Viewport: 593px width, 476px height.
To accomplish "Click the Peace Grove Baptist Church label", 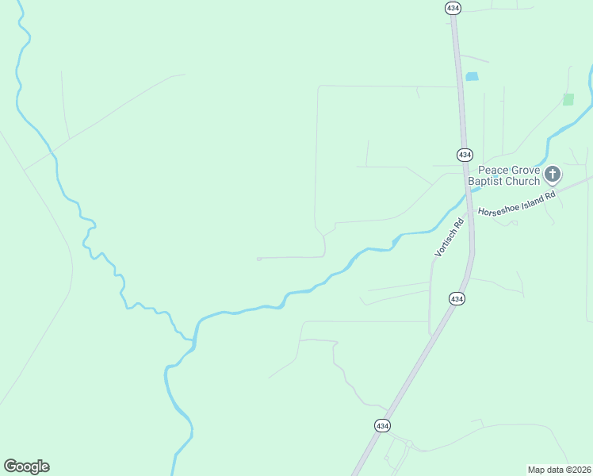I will (503, 175).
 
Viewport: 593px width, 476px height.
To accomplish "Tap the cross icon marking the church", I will (553, 174).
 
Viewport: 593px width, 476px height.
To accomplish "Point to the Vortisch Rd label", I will (449, 236).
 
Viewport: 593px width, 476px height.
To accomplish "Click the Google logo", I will (26, 466).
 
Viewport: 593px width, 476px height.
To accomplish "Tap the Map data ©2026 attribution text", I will (559, 469).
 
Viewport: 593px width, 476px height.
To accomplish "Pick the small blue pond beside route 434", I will (472, 77).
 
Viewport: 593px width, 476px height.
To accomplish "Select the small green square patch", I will (568, 99).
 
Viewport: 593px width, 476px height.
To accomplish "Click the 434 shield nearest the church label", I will (465, 154).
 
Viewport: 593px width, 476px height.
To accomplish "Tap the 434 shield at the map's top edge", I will (453, 7).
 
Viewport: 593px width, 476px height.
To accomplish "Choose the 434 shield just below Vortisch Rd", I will (457, 299).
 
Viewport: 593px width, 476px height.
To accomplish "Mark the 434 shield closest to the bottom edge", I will (382, 426).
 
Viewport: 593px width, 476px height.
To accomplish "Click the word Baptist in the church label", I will (486, 182).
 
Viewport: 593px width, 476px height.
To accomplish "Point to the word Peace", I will (492, 170).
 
